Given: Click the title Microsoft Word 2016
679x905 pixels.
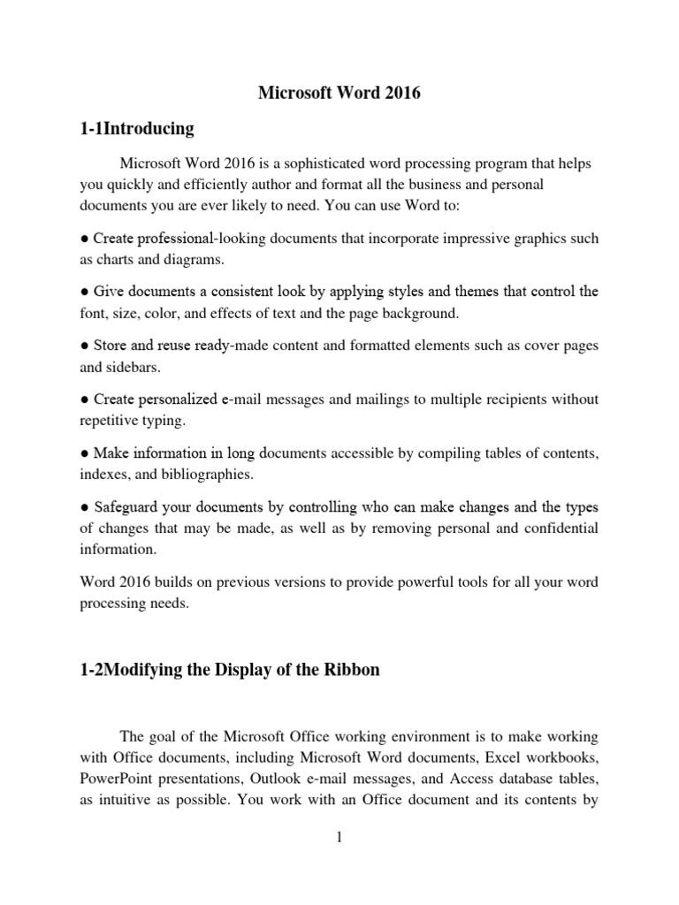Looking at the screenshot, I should click(x=339, y=94).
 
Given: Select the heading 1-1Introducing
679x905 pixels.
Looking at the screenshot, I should click(x=136, y=129).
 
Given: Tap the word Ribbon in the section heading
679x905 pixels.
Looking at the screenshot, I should click(x=353, y=669).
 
